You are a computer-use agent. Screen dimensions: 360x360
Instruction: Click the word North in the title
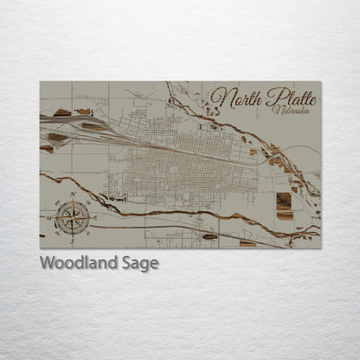point(236,98)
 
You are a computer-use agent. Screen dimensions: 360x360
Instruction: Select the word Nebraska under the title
point(287,110)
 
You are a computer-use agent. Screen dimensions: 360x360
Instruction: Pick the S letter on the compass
point(72,235)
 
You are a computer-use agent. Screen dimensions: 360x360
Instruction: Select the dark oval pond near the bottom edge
point(209,235)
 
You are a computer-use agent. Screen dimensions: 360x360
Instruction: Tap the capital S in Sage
point(128,263)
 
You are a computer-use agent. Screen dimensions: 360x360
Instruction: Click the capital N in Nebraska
point(274,110)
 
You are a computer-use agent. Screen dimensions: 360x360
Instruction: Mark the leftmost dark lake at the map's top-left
point(62,112)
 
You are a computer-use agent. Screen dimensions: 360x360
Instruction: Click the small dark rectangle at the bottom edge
point(247,244)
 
